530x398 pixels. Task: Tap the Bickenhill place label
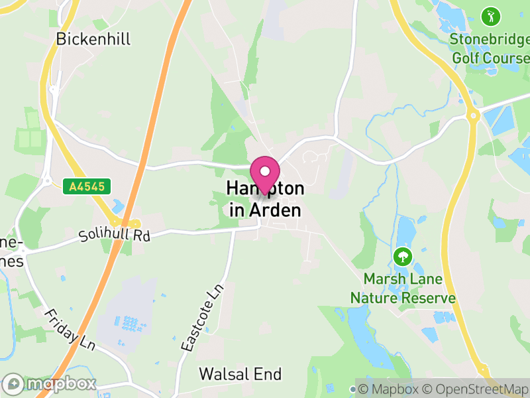[93, 39]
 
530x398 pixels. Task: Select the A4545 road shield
[87, 187]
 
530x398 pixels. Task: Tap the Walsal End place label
[240, 374]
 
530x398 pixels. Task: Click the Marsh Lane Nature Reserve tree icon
[402, 256]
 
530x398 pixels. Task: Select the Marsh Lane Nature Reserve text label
[403, 289]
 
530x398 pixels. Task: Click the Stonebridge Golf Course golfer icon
[490, 15]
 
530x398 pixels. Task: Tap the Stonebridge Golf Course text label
[490, 48]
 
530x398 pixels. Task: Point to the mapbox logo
[50, 383]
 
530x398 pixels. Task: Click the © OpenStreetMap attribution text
[478, 389]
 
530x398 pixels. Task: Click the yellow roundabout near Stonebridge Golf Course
[473, 115]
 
